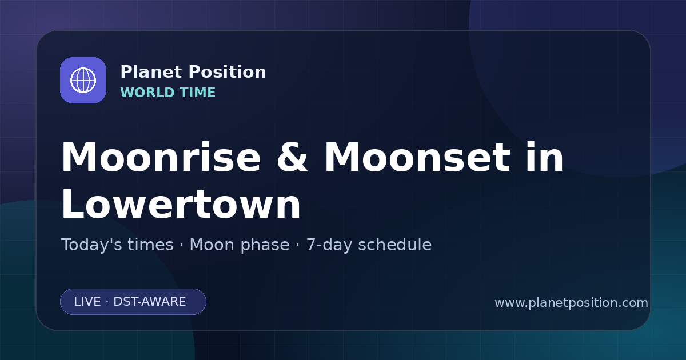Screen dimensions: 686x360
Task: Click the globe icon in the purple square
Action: point(83,80)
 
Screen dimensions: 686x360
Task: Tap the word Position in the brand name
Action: point(228,71)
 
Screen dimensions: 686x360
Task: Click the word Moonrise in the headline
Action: point(161,157)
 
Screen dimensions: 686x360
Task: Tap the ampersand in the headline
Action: point(292,157)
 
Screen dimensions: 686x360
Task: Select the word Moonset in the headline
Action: point(417,157)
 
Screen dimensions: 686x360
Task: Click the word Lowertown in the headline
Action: point(181,204)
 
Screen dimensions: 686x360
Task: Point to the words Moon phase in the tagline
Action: point(240,245)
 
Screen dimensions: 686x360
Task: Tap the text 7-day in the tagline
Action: point(329,245)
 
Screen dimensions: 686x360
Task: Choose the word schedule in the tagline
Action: point(395,245)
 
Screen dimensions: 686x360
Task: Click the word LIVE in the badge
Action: point(87,302)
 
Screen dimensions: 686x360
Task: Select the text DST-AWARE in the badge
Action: point(150,302)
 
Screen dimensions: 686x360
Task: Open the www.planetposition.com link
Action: point(571,303)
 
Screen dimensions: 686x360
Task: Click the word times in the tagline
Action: point(150,245)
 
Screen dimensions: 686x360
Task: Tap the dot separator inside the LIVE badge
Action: point(107,302)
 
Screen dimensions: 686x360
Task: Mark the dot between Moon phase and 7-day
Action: point(298,245)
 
